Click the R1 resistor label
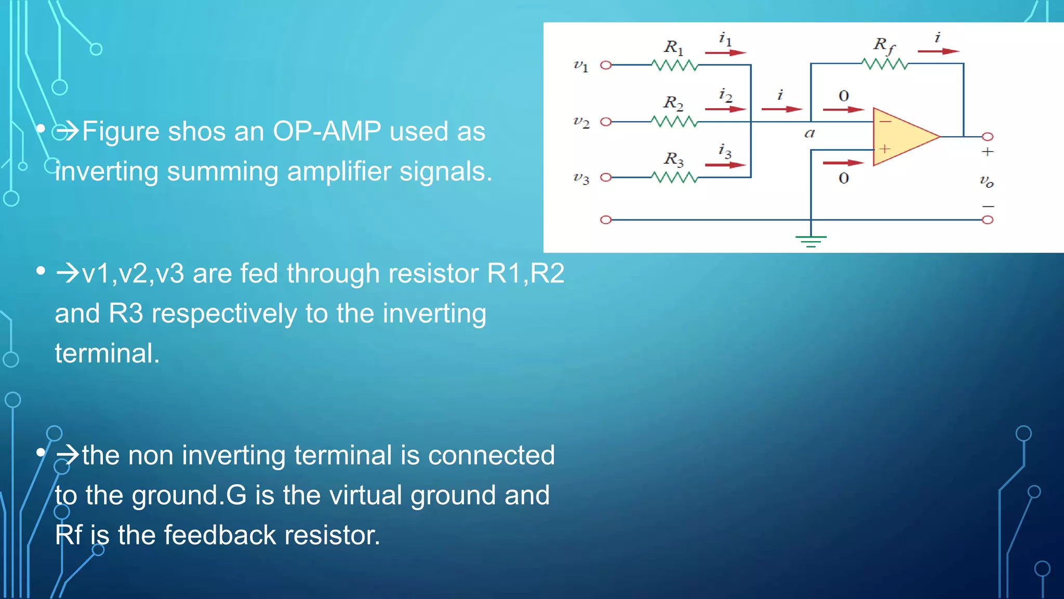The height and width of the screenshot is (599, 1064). pyautogui.click(x=673, y=47)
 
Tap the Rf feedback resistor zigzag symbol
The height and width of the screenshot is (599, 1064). pyautogui.click(x=884, y=64)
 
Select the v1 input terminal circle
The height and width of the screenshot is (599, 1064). pyautogui.click(x=606, y=65)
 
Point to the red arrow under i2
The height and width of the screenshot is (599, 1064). pyautogui.click(x=725, y=109)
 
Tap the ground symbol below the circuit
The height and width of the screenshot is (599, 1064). pyautogui.click(x=810, y=241)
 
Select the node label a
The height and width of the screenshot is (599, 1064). pyautogui.click(x=809, y=133)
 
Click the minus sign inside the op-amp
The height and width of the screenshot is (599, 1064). pyautogui.click(x=885, y=122)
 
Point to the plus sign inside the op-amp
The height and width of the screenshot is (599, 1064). pyautogui.click(x=885, y=149)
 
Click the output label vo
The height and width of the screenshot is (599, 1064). pyautogui.click(x=987, y=181)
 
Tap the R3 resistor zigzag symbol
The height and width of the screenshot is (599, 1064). pyautogui.click(x=674, y=178)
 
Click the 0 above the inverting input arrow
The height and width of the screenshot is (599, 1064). pyautogui.click(x=844, y=96)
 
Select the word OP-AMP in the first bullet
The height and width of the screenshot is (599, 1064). pyautogui.click(x=327, y=131)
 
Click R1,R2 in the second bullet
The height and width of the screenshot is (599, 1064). pyautogui.click(x=525, y=273)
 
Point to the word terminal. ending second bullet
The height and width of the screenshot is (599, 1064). pyautogui.click(x=107, y=353)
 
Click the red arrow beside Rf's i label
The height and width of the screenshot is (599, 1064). pyautogui.click(x=938, y=51)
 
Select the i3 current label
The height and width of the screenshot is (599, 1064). pyautogui.click(x=725, y=151)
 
